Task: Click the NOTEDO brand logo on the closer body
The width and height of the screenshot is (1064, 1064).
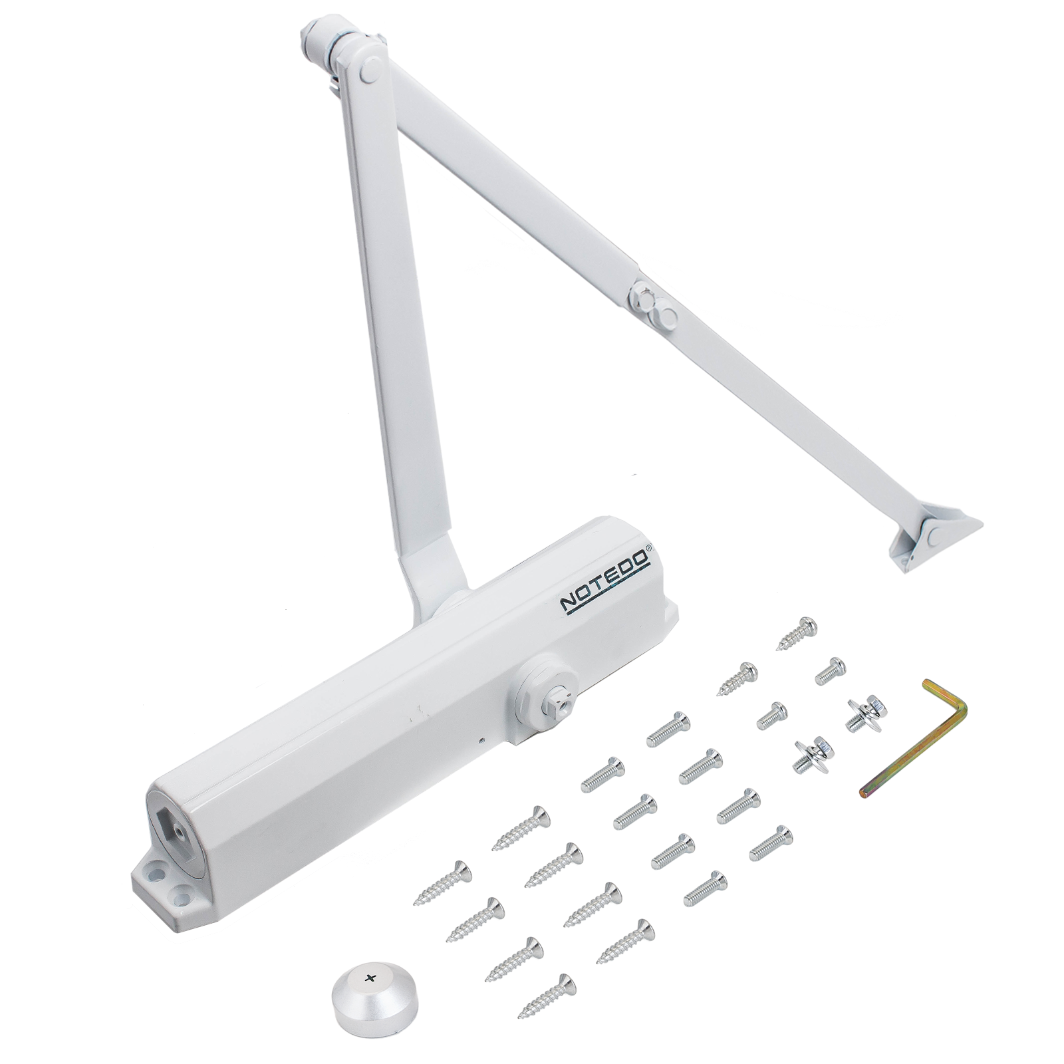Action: pyautogui.click(x=606, y=580)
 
